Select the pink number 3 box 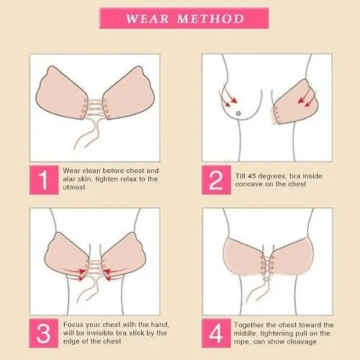(43, 332)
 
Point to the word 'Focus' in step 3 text (75, 325)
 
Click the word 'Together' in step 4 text (255, 325)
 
